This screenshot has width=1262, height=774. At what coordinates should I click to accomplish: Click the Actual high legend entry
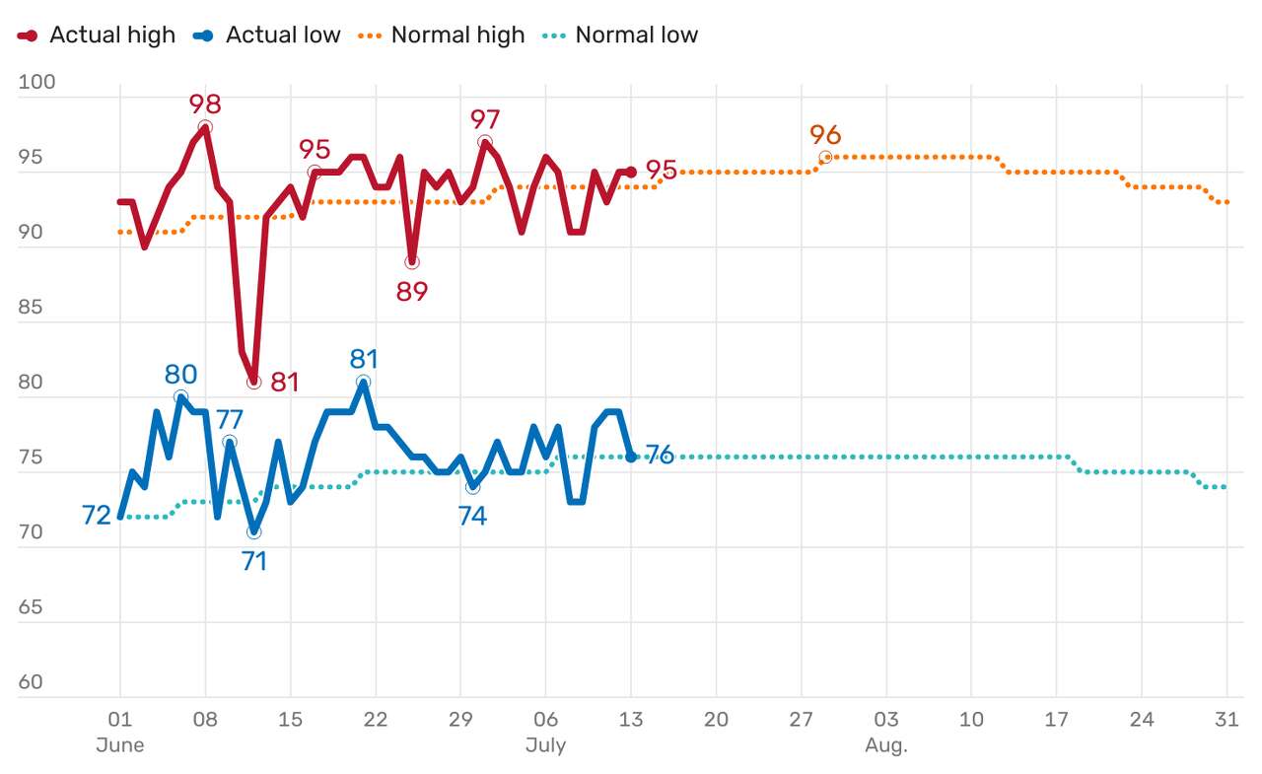point(97,35)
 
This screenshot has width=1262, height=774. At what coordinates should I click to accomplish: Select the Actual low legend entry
point(268,35)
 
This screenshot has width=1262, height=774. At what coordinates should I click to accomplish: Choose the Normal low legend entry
point(621,35)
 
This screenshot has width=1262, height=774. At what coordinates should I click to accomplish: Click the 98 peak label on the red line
point(205,104)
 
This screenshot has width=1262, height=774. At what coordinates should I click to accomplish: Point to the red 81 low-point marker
point(254,382)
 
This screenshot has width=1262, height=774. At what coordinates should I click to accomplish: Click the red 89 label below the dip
point(411,292)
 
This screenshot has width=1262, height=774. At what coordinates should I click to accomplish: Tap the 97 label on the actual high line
point(485,119)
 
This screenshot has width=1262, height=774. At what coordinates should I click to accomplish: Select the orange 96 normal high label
point(825,134)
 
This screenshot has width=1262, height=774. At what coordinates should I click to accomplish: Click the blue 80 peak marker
point(180,397)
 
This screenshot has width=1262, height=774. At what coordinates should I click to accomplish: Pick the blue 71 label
point(254,560)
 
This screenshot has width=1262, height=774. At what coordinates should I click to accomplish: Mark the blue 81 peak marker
point(363,382)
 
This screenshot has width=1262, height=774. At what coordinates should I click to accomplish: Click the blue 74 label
point(472,516)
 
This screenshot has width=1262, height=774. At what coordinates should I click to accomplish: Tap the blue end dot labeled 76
point(631,457)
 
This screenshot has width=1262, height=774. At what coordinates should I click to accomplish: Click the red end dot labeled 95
point(631,172)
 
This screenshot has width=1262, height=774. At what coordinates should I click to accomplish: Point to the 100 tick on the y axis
point(36,82)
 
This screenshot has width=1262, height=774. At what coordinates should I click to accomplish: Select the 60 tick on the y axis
point(31,681)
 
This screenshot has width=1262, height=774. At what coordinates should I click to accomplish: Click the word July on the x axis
point(545,745)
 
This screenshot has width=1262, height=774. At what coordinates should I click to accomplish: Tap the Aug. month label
point(885,745)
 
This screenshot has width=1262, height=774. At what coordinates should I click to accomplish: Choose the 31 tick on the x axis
point(1227,720)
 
